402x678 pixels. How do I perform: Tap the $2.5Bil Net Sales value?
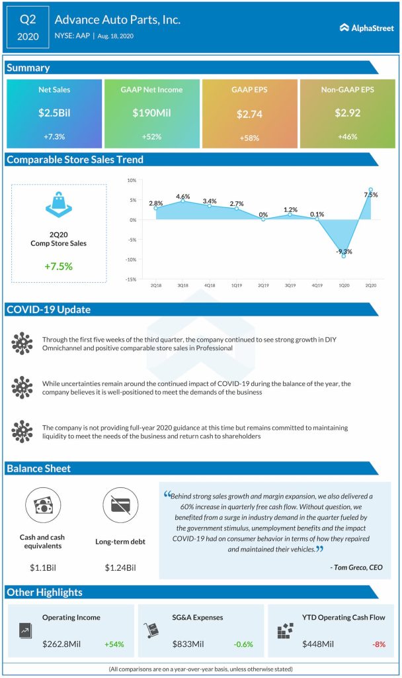click(x=54, y=113)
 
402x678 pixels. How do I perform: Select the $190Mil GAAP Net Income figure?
click(x=151, y=113)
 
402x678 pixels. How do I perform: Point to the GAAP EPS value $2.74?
click(x=249, y=114)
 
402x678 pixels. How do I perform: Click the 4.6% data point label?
click(x=183, y=197)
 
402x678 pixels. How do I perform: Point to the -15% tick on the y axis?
click(x=131, y=279)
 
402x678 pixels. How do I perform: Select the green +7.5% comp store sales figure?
click(x=58, y=267)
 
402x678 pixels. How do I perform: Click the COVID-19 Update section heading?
click(x=49, y=310)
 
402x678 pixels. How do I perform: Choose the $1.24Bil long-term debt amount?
click(x=120, y=567)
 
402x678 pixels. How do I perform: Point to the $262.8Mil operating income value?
click(x=64, y=643)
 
